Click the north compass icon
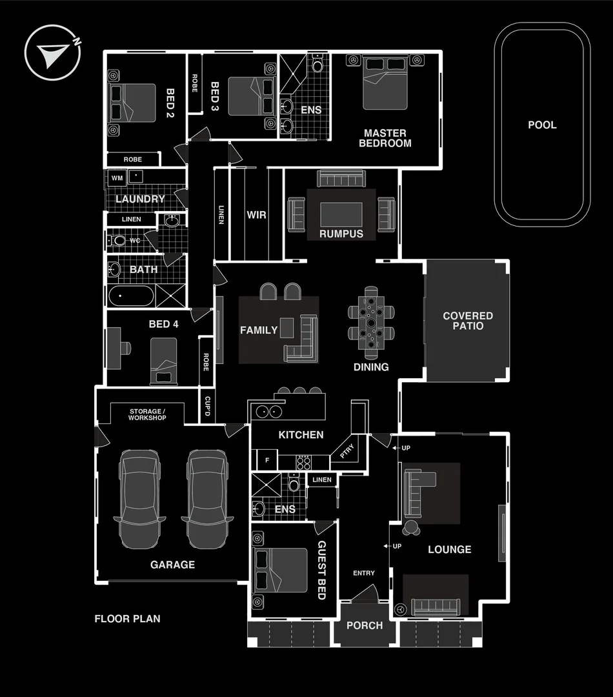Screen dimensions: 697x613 tap(52, 52)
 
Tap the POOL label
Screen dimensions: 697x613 tap(542, 125)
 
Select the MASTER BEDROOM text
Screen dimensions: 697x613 tap(385, 138)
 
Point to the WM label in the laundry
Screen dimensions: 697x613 tap(117, 177)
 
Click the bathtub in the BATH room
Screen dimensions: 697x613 tap(131, 297)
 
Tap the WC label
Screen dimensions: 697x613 tap(135, 241)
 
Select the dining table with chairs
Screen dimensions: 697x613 tap(371, 323)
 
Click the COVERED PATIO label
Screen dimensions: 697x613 tap(468, 321)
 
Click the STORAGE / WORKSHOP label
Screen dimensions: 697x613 tap(147, 414)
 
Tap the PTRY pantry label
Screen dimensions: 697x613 tap(347, 454)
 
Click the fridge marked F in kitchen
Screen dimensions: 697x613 tap(266, 461)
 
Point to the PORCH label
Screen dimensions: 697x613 tap(365, 625)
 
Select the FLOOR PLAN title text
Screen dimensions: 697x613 tap(127, 619)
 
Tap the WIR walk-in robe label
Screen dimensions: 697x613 tap(256, 214)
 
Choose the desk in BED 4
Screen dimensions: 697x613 tap(114, 348)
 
